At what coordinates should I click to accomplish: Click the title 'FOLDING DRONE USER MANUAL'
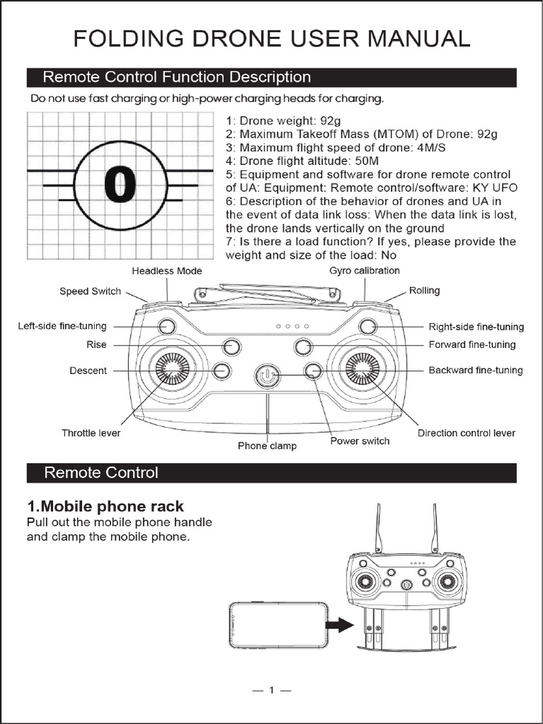tap(271, 38)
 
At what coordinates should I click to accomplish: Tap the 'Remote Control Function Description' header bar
tap(271, 77)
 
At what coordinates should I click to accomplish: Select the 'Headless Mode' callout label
tap(167, 271)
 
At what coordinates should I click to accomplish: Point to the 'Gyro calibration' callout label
tap(364, 271)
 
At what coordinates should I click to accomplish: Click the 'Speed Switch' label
tap(90, 291)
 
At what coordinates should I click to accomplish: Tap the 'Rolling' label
tap(424, 291)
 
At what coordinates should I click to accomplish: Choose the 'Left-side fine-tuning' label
tap(62, 326)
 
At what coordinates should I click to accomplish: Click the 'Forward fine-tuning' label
tap(472, 345)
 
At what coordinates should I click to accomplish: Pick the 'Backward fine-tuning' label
tap(476, 370)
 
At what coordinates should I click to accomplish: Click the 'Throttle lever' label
tap(90, 433)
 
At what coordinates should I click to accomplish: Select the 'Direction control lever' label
tap(466, 433)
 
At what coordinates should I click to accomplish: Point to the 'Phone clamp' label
tap(267, 446)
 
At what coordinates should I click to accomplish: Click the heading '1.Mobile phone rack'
tap(105, 506)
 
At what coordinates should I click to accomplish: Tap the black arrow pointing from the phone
tap(341, 624)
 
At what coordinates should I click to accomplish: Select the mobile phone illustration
tap(279, 624)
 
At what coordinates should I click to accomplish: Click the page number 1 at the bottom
tap(271, 691)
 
